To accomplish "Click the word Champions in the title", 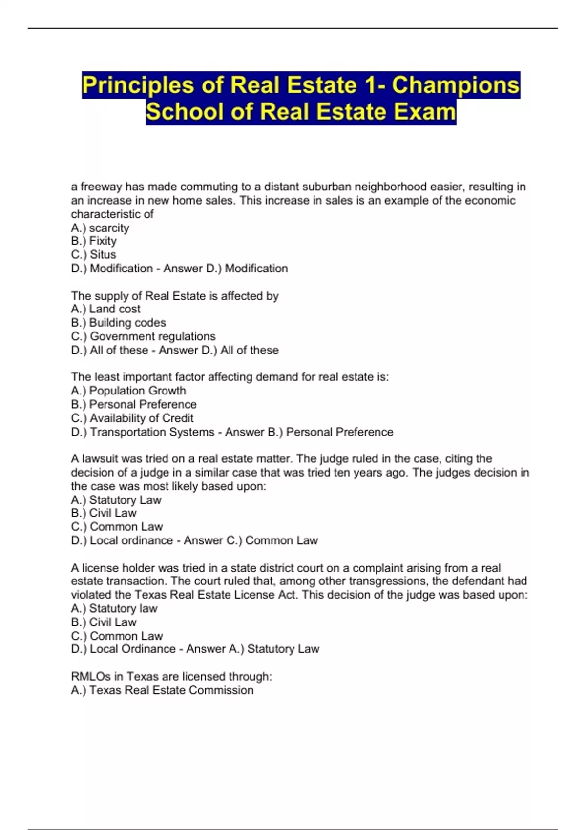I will [455, 85].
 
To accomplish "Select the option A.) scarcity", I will [100, 228].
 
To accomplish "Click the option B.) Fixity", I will [94, 241].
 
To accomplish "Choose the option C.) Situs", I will [94, 254].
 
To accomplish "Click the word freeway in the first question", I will [101, 187].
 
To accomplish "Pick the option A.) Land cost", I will [105, 309].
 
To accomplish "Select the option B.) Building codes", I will [118, 322].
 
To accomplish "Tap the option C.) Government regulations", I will [143, 336].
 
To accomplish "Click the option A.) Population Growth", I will [128, 391].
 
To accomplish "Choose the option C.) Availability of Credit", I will [132, 418].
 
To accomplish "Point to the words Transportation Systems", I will [152, 432].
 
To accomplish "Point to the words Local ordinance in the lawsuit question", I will [131, 540].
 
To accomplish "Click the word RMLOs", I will [91, 676].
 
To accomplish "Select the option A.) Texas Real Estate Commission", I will [162, 690].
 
